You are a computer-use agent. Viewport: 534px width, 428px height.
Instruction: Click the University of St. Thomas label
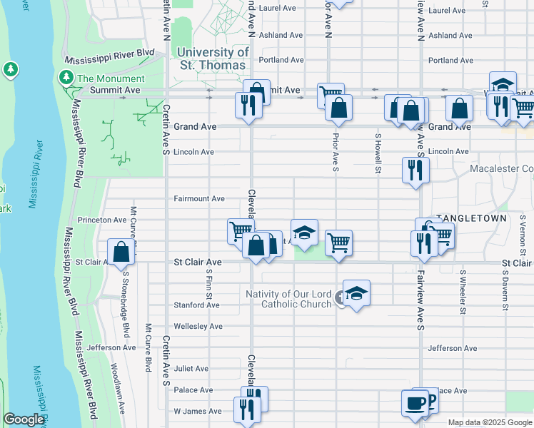click(x=213, y=58)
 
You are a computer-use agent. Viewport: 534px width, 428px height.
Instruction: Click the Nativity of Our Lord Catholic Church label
click(x=289, y=299)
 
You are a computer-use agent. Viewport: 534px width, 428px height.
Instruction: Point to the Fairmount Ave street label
click(x=199, y=199)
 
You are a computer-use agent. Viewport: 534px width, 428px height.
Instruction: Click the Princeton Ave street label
click(x=101, y=220)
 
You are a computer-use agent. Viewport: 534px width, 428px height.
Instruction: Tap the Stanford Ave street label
click(x=196, y=305)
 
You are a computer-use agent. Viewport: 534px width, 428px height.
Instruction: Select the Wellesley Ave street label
click(x=198, y=327)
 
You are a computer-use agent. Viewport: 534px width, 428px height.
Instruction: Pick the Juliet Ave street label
click(x=191, y=369)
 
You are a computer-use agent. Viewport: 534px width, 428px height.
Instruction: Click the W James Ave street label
click(x=198, y=412)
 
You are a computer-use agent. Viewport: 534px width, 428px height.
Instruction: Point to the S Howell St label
click(x=377, y=153)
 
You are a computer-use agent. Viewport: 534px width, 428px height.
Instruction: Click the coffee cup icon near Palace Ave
click(x=415, y=403)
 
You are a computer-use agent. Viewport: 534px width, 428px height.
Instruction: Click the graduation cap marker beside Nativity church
click(x=356, y=293)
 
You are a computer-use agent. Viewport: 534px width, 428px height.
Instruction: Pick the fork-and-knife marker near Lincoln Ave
click(x=415, y=170)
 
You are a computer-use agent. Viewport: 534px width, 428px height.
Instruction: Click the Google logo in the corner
click(x=24, y=419)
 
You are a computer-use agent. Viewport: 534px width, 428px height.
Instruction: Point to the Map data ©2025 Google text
click(x=489, y=422)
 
